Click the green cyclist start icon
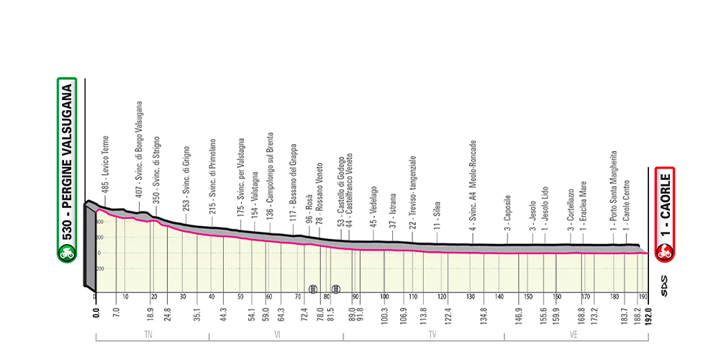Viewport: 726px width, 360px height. click(x=67, y=253)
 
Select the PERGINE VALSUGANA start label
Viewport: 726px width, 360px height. click(x=67, y=162)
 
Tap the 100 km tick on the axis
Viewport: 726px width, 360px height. click(x=384, y=297)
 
